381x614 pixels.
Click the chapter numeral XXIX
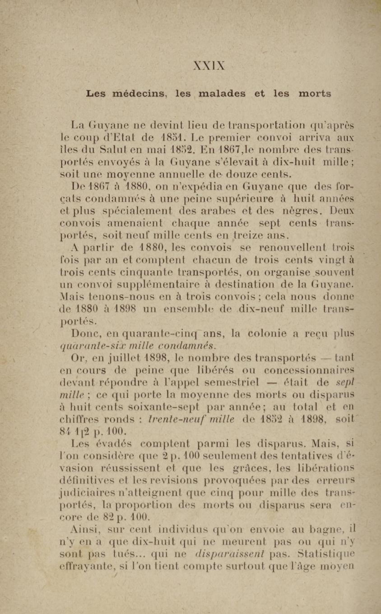209,66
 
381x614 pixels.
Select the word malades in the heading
222,94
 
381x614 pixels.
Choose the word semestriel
232,383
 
